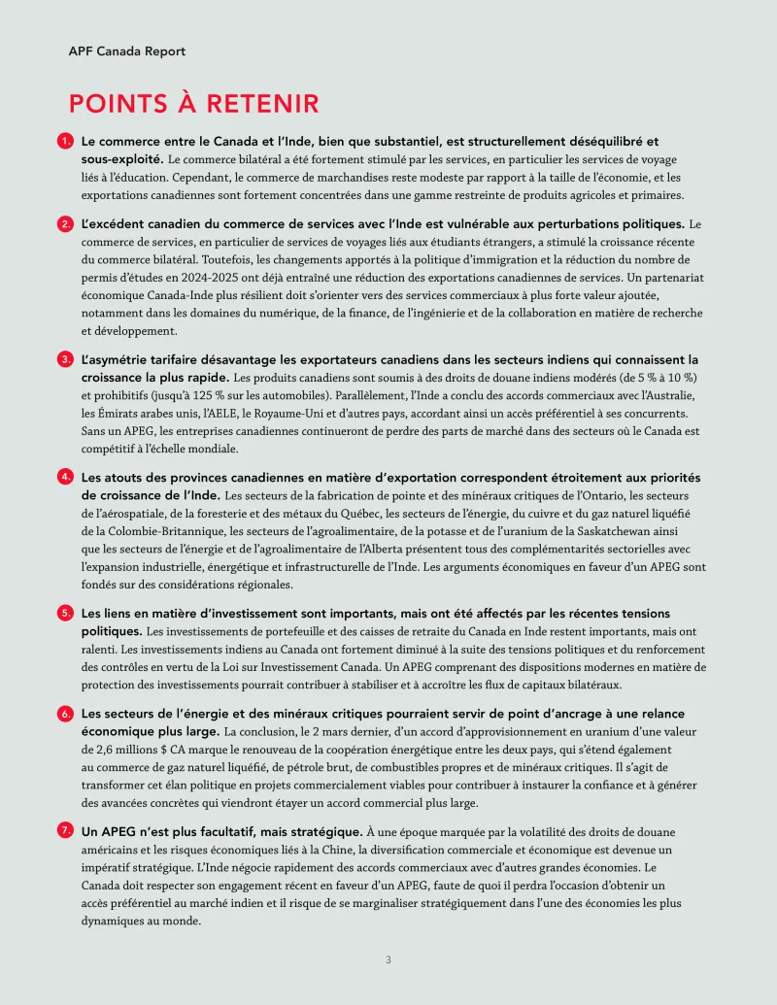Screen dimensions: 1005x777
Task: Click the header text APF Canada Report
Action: (x=127, y=50)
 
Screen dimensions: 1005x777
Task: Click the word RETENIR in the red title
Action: (x=256, y=104)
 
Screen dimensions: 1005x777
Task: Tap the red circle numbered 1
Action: (x=65, y=141)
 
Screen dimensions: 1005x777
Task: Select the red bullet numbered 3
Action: (x=65, y=359)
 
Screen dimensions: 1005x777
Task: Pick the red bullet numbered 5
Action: (x=65, y=613)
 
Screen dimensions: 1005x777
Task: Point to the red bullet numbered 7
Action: (x=65, y=830)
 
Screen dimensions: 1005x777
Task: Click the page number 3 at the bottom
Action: (x=388, y=960)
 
